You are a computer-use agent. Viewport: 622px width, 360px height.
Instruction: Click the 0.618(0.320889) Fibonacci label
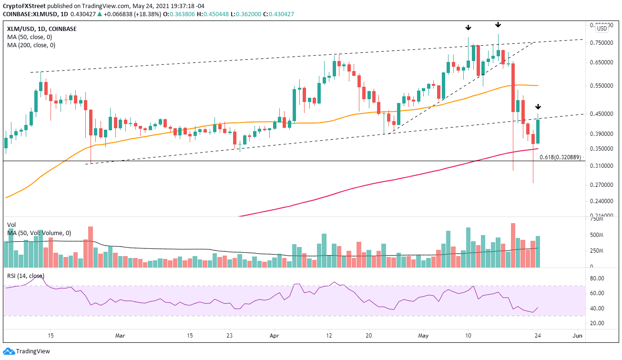pyautogui.click(x=560, y=157)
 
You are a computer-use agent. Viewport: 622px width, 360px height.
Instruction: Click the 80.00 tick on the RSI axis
pyautogui.click(x=598, y=278)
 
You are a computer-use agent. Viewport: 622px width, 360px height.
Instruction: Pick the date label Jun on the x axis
pyautogui.click(x=578, y=336)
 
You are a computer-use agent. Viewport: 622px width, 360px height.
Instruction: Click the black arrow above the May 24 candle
pyautogui.click(x=538, y=106)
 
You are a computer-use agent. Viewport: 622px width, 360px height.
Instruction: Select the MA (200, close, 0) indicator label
pyautogui.click(x=31, y=45)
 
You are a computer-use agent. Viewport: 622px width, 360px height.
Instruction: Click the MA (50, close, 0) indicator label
pyautogui.click(x=30, y=37)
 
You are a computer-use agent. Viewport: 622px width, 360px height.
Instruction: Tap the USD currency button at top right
pyautogui.click(x=602, y=29)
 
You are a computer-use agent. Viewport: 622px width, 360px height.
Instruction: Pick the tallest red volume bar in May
pyautogui.click(x=513, y=245)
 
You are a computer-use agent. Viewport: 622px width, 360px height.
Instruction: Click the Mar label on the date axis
pyautogui.click(x=120, y=336)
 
